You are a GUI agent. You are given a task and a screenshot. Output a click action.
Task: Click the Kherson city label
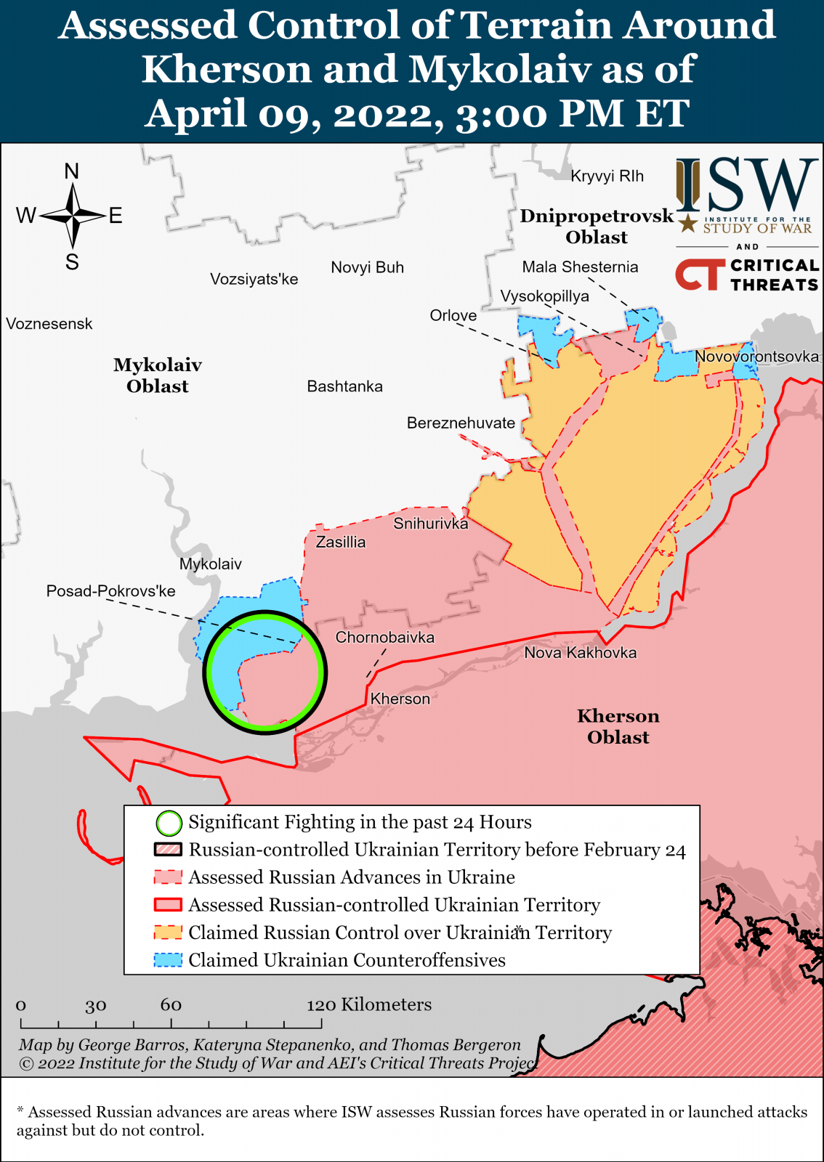coord(400,699)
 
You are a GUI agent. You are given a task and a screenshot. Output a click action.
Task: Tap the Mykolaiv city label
coord(210,564)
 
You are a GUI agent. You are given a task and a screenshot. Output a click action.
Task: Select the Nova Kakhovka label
coord(580,652)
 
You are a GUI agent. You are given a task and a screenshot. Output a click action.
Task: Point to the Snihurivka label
coord(430,523)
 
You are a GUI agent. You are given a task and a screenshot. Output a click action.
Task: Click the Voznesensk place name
coord(49,324)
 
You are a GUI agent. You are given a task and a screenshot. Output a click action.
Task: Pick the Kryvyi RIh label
coord(607,176)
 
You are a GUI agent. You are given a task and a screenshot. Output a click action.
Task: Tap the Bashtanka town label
coord(344,386)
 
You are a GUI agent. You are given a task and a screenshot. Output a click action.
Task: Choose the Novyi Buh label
coord(367,267)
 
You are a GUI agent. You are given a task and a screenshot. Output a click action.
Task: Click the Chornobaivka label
coord(384,637)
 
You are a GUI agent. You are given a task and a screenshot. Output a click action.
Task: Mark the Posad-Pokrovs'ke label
coord(110,590)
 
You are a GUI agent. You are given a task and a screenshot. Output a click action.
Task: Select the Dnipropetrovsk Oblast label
coord(597,227)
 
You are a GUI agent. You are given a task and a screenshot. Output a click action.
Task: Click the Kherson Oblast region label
coord(618,726)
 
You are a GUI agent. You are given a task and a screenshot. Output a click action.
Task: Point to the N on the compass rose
coord(71,171)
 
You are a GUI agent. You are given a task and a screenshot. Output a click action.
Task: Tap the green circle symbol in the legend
coord(169,823)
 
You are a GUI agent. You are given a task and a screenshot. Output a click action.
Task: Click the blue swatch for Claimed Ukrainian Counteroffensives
coord(168,960)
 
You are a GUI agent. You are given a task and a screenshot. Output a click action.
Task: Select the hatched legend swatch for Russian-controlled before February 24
coord(168,850)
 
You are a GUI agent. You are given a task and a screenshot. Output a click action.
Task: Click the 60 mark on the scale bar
coord(171,1004)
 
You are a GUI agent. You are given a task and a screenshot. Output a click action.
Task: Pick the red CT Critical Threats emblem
coord(700,275)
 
